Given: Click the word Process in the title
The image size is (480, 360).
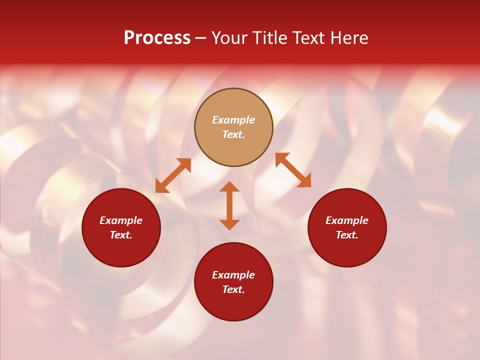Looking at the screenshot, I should [157, 38].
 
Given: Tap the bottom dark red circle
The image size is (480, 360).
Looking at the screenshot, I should [233, 305].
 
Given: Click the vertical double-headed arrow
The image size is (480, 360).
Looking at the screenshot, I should [229, 205].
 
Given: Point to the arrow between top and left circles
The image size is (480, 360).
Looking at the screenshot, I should [173, 175].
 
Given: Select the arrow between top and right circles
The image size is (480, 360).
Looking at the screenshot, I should [293, 170].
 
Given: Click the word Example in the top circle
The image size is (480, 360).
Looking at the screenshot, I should [233, 120].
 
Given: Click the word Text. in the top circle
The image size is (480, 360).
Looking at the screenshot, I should [233, 134].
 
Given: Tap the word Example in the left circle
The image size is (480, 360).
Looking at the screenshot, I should [121, 220].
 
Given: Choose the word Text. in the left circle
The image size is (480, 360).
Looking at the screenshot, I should [121, 235].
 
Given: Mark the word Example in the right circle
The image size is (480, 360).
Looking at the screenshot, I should [347, 220].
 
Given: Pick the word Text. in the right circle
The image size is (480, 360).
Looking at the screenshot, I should [347, 235].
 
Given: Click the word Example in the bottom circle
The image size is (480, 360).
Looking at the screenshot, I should [233, 275].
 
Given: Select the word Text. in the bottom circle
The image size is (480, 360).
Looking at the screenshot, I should [233, 289].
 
